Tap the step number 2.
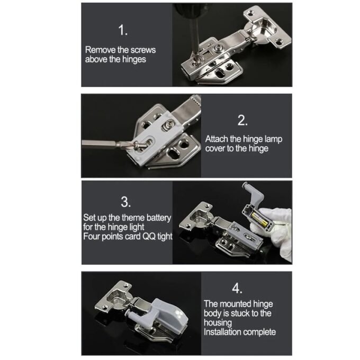click(x=242, y=120)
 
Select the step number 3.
click(x=125, y=202)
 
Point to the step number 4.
click(x=237, y=289)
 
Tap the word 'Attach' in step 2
click(x=217, y=139)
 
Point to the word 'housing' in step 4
click(x=218, y=322)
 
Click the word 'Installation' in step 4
click(x=223, y=332)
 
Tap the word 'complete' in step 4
click(x=259, y=332)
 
